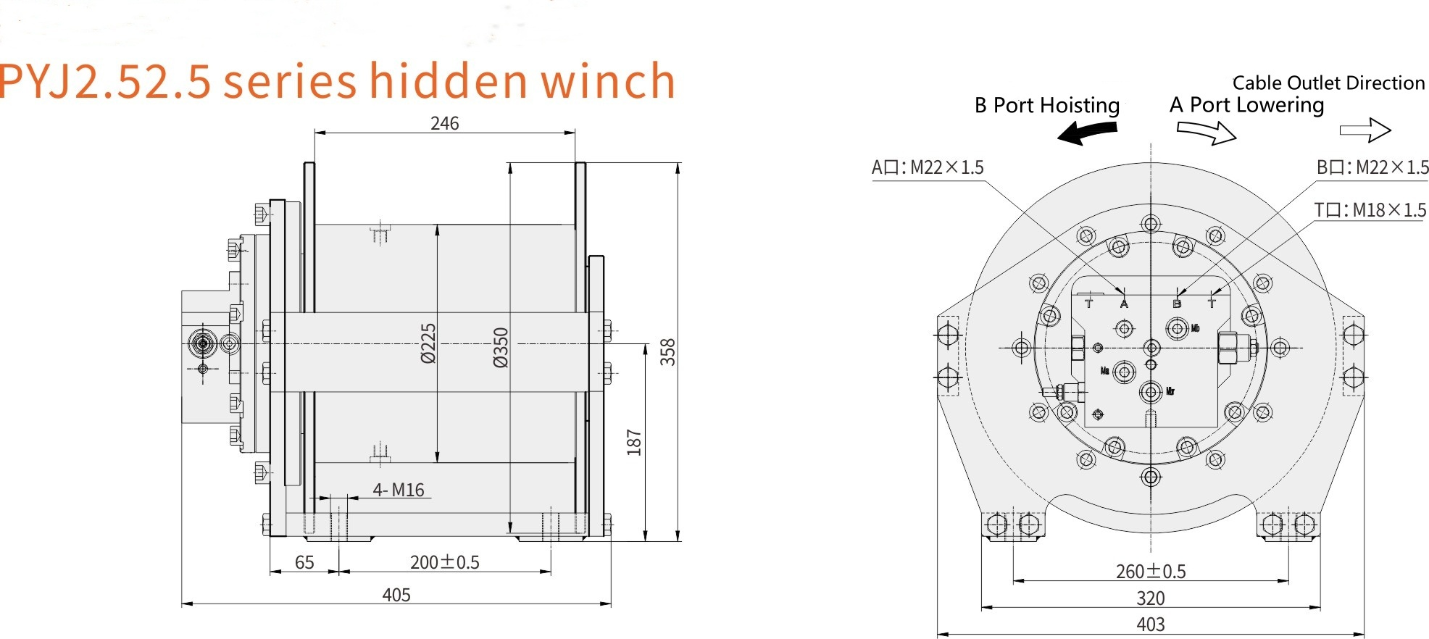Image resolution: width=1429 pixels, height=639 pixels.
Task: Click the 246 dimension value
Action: point(444,123)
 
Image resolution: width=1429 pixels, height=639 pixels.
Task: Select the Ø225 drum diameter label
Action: point(428,343)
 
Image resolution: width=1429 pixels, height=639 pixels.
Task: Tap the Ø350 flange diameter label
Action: point(501,348)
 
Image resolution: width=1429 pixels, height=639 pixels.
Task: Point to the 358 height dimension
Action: point(667,352)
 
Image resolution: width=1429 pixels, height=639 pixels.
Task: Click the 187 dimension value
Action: point(634,443)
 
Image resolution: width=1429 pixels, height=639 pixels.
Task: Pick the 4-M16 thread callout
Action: point(399,490)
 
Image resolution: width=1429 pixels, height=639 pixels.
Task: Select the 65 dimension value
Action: point(304,563)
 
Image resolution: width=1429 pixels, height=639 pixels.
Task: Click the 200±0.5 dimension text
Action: point(444,563)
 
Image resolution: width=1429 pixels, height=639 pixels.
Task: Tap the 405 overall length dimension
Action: point(396,596)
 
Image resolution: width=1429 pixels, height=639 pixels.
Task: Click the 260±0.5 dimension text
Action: point(1151,572)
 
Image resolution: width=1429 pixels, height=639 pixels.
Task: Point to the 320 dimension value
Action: point(1151,598)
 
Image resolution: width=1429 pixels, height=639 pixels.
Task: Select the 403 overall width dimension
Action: point(1151,625)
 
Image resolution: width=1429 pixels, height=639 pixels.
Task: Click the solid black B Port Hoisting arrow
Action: point(1087,132)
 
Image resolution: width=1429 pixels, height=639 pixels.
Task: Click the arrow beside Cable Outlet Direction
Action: point(1365,130)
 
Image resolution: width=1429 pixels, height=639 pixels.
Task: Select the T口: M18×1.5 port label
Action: point(1370,210)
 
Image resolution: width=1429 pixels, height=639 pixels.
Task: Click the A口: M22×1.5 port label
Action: point(928,168)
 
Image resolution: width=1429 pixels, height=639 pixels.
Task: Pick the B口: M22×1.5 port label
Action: point(1372,168)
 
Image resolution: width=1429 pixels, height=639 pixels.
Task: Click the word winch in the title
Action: point(608,81)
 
